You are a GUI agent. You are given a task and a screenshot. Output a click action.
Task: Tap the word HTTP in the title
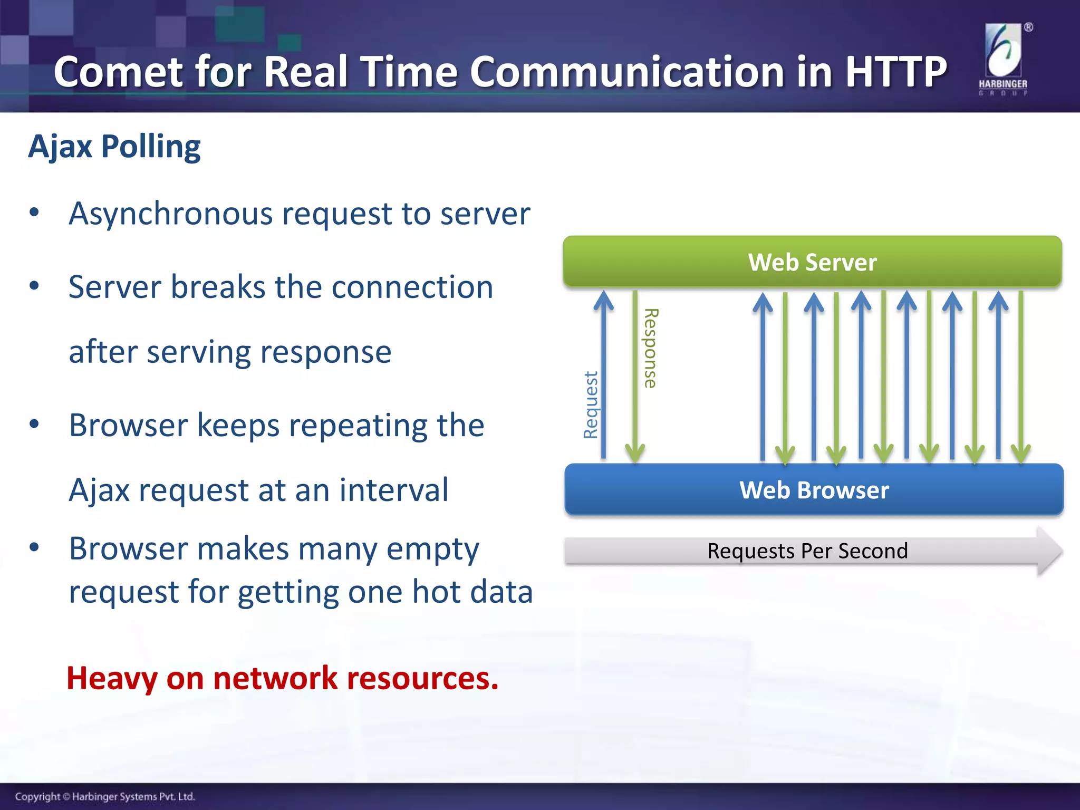tap(896, 72)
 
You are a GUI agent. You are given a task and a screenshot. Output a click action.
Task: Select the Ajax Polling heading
tap(114, 147)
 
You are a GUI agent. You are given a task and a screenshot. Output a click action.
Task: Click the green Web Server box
tap(812, 262)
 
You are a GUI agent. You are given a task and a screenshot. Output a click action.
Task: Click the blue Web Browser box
tap(814, 490)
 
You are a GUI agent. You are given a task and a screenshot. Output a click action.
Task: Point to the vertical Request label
tap(591, 405)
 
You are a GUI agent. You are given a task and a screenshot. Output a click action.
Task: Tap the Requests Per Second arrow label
tap(807, 551)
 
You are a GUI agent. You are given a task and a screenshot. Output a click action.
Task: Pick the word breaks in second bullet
tap(218, 287)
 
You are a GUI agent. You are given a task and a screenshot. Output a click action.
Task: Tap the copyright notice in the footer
tap(105, 796)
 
